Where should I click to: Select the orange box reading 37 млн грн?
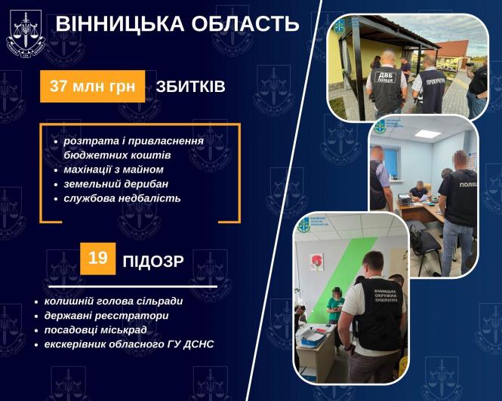click(x=92, y=86)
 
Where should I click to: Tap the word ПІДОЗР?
click(x=163, y=262)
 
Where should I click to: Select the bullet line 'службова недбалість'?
click(x=122, y=198)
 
